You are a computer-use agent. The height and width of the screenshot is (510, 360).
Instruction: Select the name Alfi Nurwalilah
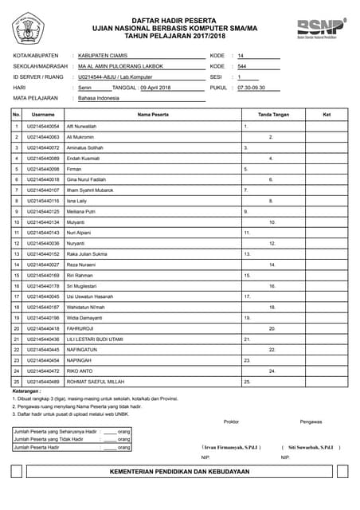coord(82,126)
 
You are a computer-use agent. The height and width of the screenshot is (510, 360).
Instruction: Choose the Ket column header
coord(326,115)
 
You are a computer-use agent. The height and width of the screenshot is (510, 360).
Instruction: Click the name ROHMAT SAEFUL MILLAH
coord(94,381)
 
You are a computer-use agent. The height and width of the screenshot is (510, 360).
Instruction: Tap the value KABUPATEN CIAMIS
coord(102,55)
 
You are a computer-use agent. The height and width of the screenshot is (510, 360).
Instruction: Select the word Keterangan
coord(26,391)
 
